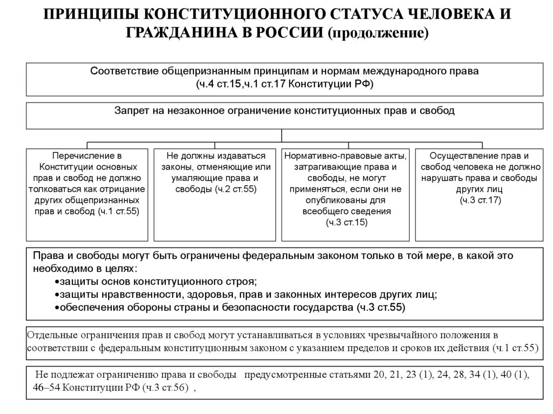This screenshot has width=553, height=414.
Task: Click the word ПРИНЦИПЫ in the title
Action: coord(84,15)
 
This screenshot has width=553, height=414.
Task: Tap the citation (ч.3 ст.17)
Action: coord(480,200)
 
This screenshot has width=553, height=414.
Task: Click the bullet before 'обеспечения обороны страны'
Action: coord(57,308)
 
